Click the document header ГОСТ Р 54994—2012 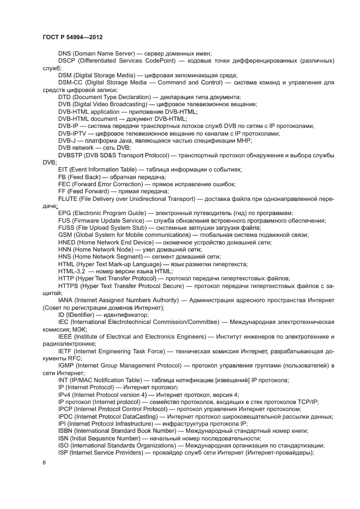72,37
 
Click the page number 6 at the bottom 45,462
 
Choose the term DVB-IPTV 72,133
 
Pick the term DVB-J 67,140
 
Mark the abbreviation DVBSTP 70,155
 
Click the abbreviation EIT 63,170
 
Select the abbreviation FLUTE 68,199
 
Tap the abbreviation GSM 65,235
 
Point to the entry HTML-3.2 71,271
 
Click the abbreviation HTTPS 68,286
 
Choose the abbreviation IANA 66,300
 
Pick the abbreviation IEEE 65,336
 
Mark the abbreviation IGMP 66,365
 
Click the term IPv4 65,395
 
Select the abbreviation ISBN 65,431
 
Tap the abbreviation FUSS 66,228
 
